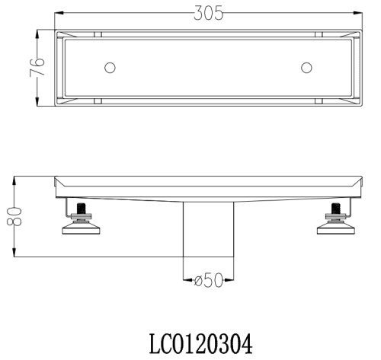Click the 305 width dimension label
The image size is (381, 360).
coord(208,14)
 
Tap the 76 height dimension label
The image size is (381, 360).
coord(37,67)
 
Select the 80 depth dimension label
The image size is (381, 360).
coord(14,216)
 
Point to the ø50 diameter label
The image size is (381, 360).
coord(209,280)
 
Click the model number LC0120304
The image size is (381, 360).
coord(200,344)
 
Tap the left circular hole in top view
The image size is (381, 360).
coord(110,68)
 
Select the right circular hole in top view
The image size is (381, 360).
coord(306,68)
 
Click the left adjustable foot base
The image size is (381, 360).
coord(81,228)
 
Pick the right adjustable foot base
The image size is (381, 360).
coord(336,228)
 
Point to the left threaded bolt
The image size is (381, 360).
coord(81,209)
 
